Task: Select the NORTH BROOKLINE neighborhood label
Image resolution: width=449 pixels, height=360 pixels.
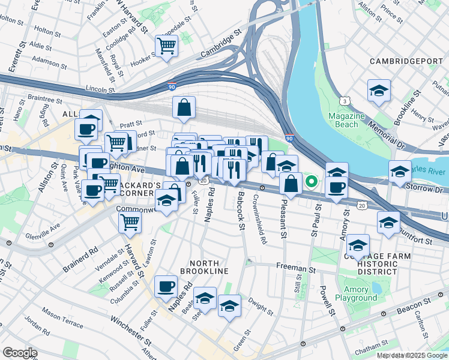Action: (209, 267)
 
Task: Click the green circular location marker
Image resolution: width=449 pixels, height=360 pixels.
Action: (311, 181)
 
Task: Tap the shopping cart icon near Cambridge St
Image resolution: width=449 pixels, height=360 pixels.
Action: (166, 45)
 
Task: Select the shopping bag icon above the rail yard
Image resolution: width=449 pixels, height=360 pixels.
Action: (185, 108)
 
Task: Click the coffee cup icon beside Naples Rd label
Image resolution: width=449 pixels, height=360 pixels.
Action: (166, 286)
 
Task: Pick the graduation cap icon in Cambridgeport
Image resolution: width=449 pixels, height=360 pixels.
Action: (379, 91)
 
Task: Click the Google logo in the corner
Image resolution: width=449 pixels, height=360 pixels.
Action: (20, 353)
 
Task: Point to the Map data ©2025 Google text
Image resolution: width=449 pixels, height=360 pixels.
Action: (412, 355)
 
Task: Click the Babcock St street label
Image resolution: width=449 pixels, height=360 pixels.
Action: (241, 211)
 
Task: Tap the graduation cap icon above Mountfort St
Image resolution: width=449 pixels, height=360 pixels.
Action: (388, 221)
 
